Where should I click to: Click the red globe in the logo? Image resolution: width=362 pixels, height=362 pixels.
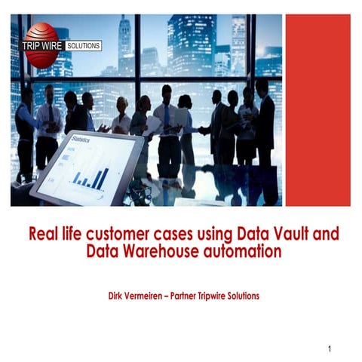coord(41,45)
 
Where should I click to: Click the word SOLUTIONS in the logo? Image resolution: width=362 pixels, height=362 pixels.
coord(84,46)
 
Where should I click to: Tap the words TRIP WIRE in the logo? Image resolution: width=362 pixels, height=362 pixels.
coord(41,46)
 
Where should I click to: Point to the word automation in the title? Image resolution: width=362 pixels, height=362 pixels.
coord(243,251)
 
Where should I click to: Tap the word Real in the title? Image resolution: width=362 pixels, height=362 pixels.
coord(43,234)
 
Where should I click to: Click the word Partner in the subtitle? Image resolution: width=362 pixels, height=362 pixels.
coord(183,296)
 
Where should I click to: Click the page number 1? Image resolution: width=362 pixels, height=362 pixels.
coord(330,349)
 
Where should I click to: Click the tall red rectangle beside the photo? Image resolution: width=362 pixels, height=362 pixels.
coord(318,110)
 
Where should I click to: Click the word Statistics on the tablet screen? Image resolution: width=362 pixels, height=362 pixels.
coord(81,139)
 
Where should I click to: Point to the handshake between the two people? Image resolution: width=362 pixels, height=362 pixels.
coord(203,130)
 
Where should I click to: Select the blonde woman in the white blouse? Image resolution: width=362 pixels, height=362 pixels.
coord(121,115)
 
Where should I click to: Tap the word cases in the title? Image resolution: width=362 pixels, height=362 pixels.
coord(173,234)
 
